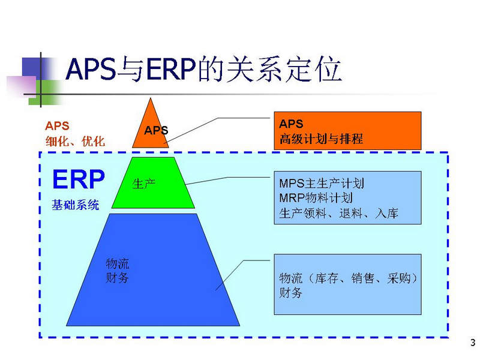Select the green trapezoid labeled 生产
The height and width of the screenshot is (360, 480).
(x=153, y=183)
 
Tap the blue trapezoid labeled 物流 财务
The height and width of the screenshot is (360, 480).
(x=153, y=269)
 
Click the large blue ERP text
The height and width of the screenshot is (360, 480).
(x=79, y=179)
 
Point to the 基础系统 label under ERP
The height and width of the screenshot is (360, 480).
(x=76, y=205)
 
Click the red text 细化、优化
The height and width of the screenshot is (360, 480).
(x=76, y=142)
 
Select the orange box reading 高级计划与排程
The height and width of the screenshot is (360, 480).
(x=347, y=131)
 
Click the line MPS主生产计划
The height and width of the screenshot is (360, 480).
(x=322, y=184)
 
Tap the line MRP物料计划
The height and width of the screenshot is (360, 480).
(x=316, y=198)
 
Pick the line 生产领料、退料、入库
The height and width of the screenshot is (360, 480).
(x=338, y=213)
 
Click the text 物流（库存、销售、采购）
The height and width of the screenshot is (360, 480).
(x=348, y=278)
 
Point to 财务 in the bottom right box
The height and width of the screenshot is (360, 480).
(x=290, y=293)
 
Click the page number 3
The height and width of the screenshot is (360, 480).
(x=473, y=342)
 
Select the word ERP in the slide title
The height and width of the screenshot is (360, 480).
(x=171, y=69)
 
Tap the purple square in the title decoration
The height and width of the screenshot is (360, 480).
(x=22, y=86)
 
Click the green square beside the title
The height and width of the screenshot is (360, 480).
(x=45, y=92)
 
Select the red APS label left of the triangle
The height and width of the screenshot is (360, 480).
(x=57, y=126)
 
